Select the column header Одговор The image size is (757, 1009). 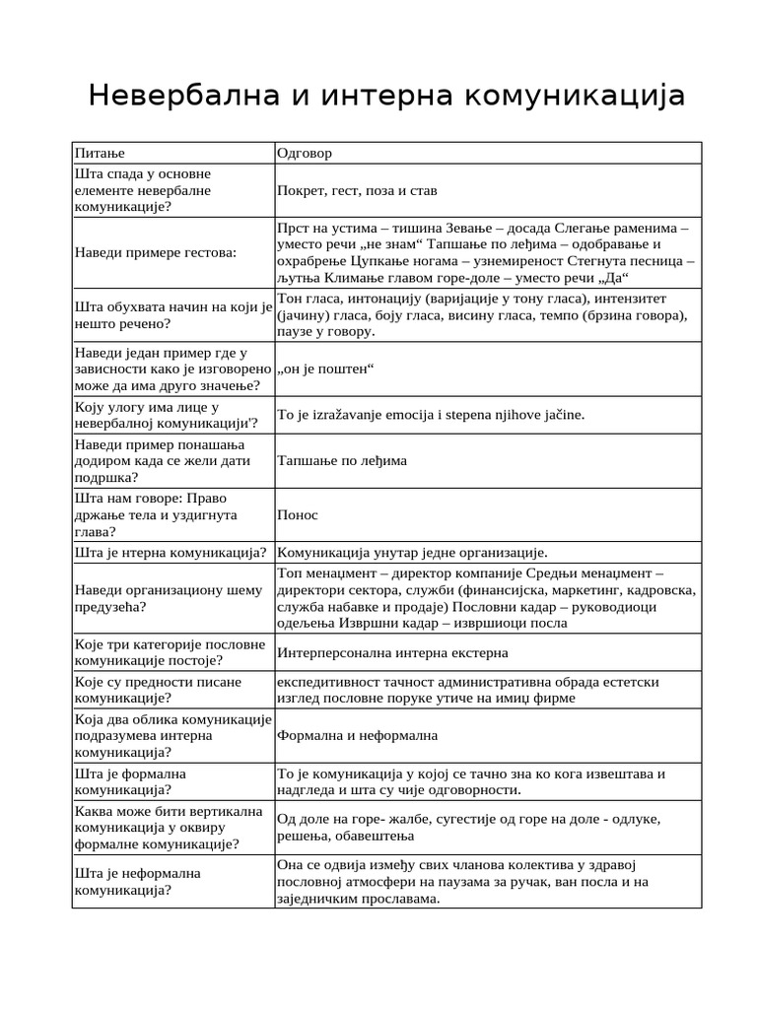click(x=305, y=153)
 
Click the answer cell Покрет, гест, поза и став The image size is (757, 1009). click(x=357, y=190)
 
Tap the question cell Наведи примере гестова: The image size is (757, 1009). click(x=156, y=252)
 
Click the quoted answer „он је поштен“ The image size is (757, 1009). click(x=327, y=369)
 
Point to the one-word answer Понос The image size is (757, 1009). click(x=298, y=514)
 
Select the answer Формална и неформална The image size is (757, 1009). click(x=358, y=735)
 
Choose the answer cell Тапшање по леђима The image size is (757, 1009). click(x=342, y=460)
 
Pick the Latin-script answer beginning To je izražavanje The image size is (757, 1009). click(x=431, y=415)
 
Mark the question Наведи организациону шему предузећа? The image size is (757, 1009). click(x=169, y=598)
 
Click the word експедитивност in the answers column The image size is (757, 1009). click(x=328, y=681)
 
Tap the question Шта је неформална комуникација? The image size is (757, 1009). click(x=138, y=881)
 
